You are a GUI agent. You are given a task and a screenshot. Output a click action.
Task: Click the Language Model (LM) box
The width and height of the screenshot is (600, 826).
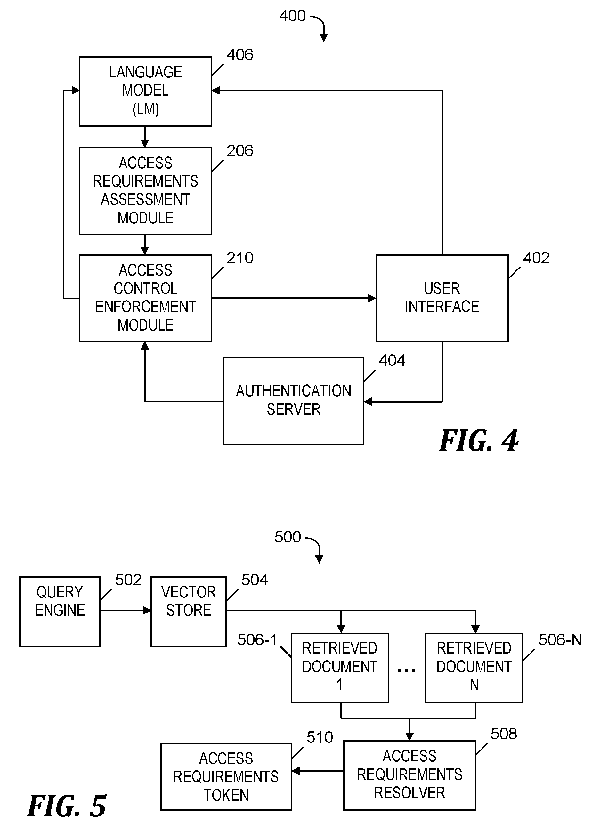pos(145,92)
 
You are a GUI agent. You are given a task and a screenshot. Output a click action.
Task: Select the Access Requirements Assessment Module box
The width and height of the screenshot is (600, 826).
pos(145,191)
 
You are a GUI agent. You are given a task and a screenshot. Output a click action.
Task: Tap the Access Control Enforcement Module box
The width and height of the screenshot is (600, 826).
pos(145,298)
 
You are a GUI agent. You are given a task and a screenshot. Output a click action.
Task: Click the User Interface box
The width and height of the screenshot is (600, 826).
pos(442,298)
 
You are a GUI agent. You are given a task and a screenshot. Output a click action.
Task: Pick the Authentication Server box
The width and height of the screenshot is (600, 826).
pos(293,401)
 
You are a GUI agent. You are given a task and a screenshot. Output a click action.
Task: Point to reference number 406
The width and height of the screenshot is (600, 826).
pos(240,55)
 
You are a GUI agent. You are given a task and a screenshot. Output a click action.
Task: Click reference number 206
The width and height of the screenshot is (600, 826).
pos(240,151)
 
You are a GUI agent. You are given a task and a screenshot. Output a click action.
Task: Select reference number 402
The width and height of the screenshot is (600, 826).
pos(536,258)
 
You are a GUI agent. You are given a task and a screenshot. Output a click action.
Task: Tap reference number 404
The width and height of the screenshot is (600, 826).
pos(392,361)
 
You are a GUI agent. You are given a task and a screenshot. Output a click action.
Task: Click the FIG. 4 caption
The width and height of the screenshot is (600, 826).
pos(479,441)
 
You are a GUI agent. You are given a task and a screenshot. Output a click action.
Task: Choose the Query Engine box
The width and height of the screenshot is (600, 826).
pos(60,612)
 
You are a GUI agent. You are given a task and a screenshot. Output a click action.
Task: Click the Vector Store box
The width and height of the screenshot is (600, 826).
pos(189,612)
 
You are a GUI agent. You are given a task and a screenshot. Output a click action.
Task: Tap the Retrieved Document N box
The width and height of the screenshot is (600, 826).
pos(474,668)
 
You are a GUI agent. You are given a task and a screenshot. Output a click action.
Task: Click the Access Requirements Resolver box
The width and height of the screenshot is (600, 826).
pos(409,775)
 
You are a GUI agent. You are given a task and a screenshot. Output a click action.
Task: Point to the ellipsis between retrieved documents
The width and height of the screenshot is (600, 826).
pos(407,670)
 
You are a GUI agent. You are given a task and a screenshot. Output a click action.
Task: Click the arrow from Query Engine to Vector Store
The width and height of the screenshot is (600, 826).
pos(125,610)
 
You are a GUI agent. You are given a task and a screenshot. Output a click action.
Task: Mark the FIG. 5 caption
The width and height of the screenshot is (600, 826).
pos(67,806)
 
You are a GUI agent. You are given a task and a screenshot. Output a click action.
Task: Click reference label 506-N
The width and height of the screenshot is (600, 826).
pos(560,640)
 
